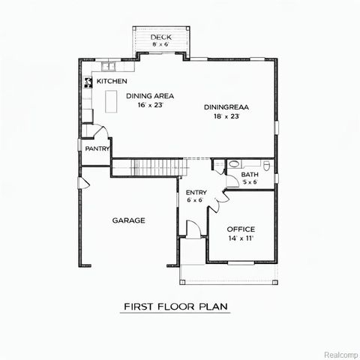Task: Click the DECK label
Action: point(161,37)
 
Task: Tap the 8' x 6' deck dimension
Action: point(160,44)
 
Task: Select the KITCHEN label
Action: point(111,81)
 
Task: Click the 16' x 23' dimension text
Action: point(150,106)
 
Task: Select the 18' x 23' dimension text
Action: point(226,117)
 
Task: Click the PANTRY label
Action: point(97,148)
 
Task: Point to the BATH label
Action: point(249,175)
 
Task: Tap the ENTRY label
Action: point(196,192)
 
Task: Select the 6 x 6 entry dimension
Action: point(196,200)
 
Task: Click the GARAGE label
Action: point(129,220)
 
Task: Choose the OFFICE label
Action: point(241,229)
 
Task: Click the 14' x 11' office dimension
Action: point(241,238)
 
